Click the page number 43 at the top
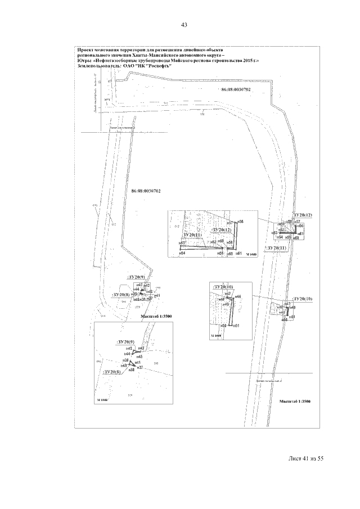(x=183, y=25)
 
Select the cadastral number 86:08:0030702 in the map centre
(x=146, y=191)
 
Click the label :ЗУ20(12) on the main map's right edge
(x=303, y=215)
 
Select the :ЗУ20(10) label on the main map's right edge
(x=302, y=299)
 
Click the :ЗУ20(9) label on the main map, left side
(x=137, y=277)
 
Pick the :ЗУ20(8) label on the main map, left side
(x=121, y=295)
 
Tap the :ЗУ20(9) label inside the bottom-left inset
(x=125, y=342)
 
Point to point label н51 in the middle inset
(x=237, y=326)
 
